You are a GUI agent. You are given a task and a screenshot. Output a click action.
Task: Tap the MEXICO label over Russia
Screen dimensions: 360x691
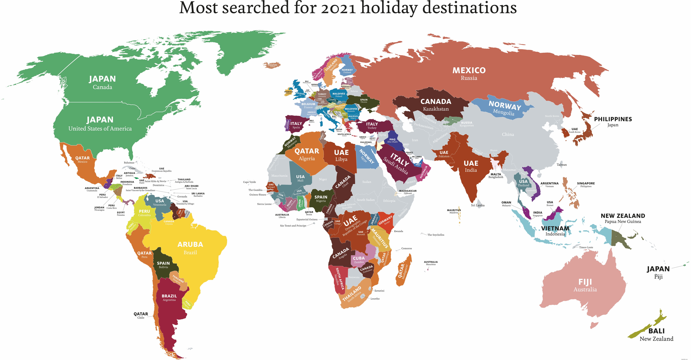click(469, 70)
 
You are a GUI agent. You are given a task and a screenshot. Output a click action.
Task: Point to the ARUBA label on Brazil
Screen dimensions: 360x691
click(190, 244)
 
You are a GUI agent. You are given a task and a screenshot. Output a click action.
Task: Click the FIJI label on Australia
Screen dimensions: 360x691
click(585, 282)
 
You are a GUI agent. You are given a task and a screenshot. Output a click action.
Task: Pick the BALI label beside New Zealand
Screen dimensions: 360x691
click(656, 331)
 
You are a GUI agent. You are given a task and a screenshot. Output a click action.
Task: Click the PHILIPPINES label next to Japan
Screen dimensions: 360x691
click(613, 119)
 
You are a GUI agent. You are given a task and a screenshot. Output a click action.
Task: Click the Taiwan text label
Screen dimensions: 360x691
click(561, 165)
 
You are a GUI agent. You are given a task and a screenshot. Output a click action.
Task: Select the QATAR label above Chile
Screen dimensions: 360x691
click(141, 314)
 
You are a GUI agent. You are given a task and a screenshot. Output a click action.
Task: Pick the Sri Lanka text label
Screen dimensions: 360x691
click(478, 205)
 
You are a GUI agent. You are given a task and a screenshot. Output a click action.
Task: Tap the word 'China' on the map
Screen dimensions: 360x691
click(508, 134)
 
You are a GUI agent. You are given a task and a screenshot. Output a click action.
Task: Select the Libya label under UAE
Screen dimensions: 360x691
click(341, 159)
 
